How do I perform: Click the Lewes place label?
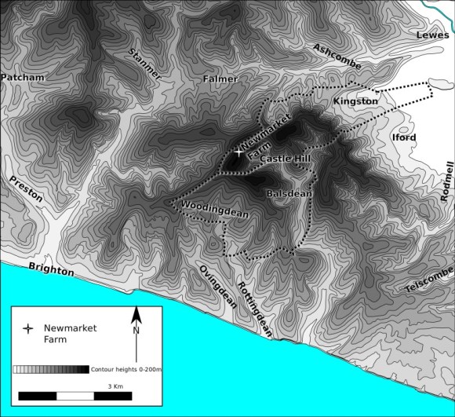tap(432, 35)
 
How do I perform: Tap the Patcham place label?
tap(23, 78)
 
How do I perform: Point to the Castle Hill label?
tap(286, 159)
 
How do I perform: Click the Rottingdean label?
tap(254, 309)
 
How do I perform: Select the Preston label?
tap(26, 188)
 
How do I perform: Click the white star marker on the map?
tap(238, 152)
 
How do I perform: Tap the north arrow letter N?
tap(136, 331)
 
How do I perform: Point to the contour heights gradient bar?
tap(51, 368)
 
